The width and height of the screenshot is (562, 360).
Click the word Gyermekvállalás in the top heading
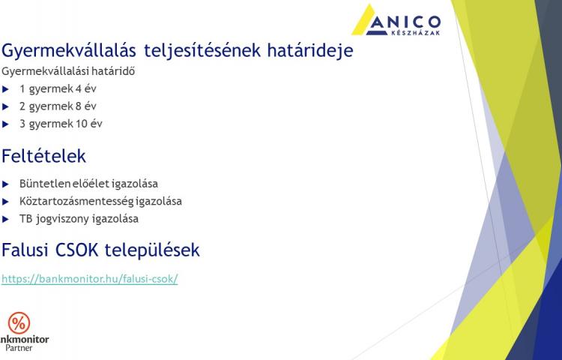coord(69,51)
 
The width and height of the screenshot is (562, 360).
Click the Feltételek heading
coord(43,156)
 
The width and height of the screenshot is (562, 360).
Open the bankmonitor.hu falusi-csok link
coord(90,278)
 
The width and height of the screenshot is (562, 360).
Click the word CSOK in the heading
coord(76,250)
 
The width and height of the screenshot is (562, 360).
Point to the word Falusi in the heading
coord(25,250)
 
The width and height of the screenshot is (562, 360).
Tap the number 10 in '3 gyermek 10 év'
coord(82,124)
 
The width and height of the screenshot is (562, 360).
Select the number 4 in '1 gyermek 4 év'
coord(79,88)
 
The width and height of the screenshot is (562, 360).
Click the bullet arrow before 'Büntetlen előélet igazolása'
coord(5,184)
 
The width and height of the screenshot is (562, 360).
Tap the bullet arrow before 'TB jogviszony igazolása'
coord(5,219)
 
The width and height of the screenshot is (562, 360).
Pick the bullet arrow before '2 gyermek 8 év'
coord(5,106)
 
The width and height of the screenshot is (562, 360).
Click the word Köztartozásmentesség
coord(76,201)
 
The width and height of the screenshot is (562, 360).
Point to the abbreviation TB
coord(25,219)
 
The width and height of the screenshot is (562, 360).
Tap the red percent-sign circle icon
coord(19,323)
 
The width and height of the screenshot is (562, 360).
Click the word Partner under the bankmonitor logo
coord(19,348)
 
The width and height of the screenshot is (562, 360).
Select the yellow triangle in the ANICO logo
coord(363,22)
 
